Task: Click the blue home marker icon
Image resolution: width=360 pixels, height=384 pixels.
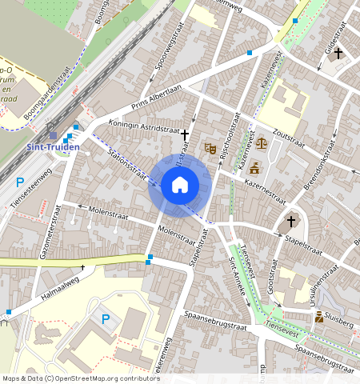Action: (180, 186)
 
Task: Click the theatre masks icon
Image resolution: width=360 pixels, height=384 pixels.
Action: (210, 148)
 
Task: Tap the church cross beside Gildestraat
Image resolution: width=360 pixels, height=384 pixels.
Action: (338, 54)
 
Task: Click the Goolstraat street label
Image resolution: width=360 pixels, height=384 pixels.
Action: (273, 278)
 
